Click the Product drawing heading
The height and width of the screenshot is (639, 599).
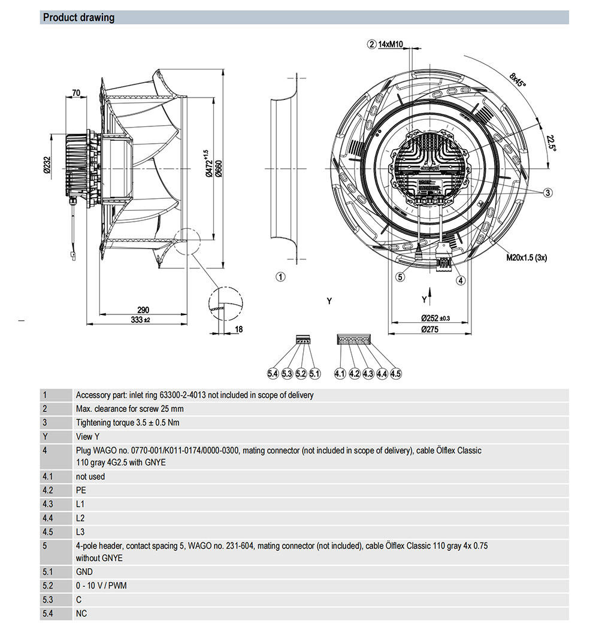pos(78,17)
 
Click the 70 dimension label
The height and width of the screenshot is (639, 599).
pos(76,93)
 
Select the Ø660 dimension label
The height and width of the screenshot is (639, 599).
pos(219,169)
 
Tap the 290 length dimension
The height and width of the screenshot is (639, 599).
pos(143,310)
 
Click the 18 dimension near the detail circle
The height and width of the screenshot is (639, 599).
pos(238,329)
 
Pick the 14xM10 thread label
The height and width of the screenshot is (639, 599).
pos(391,44)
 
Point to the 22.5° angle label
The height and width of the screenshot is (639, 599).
pos(550,143)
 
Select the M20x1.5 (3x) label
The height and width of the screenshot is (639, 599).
pos(527,258)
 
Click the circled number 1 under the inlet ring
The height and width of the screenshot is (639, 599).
pos(280,276)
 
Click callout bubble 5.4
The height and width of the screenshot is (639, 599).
pos(273,374)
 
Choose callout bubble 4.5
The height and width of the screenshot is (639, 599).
pos(395,374)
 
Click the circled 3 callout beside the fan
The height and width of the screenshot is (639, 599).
pos(547,192)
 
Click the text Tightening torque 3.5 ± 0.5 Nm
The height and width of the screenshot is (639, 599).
pos(128,423)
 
